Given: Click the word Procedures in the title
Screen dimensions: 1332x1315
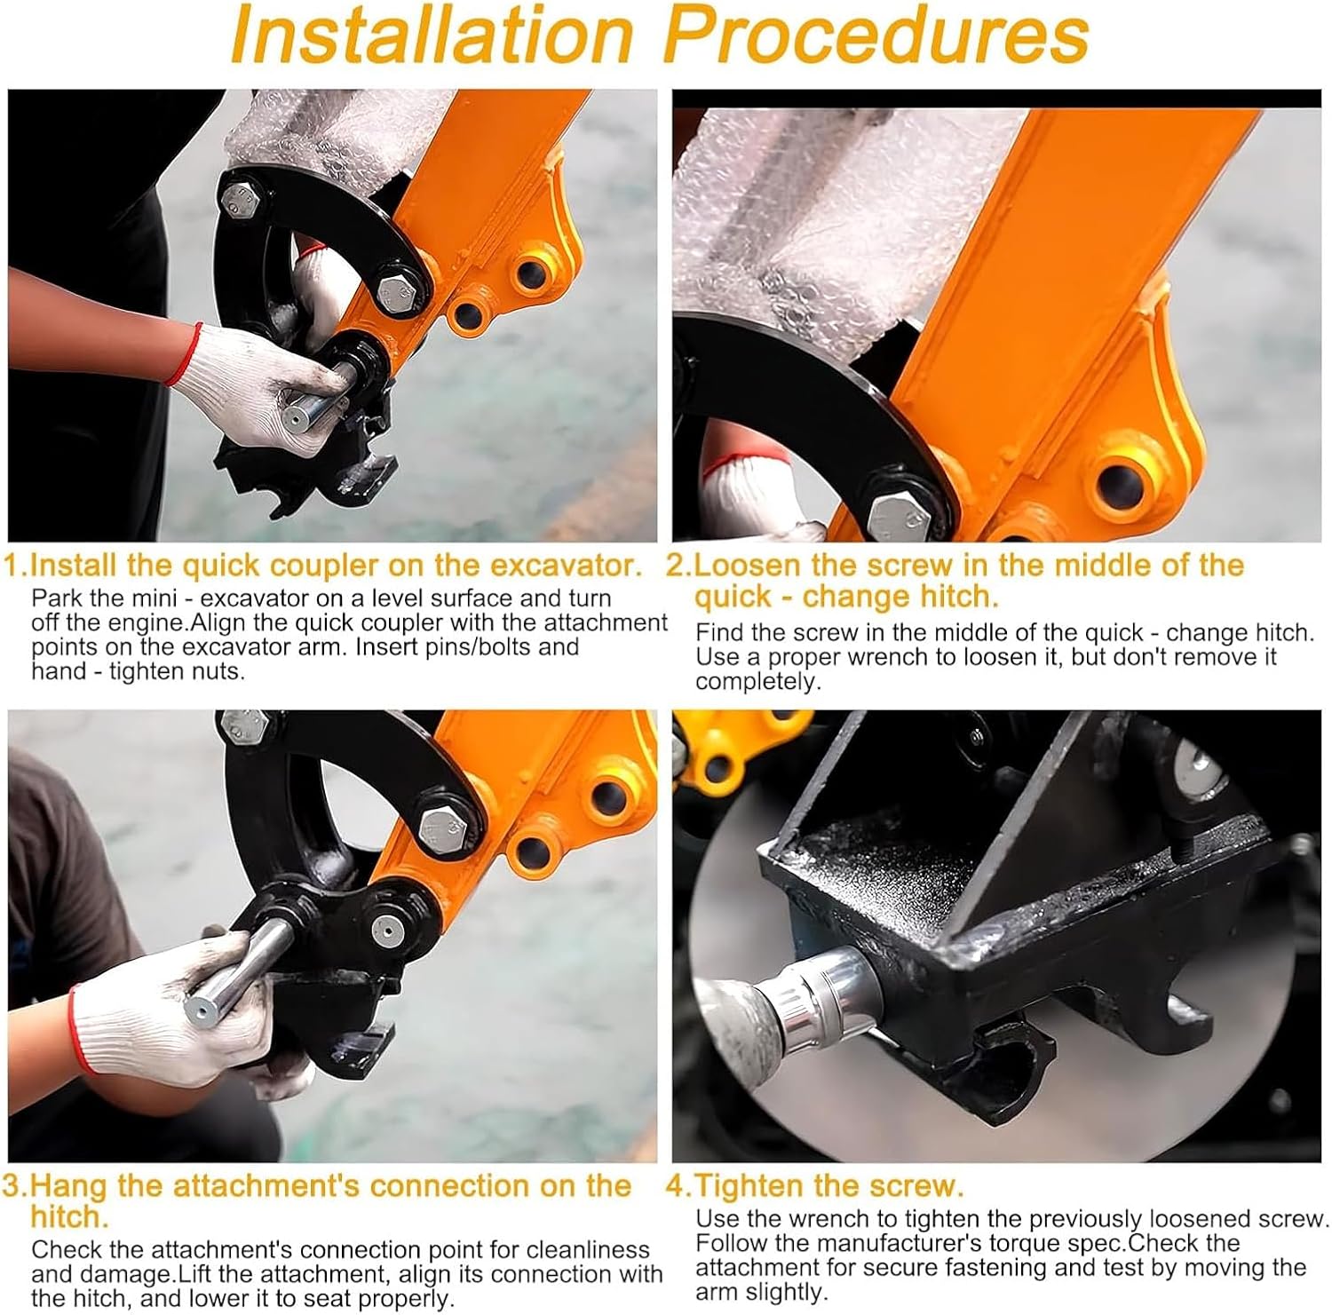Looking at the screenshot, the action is [x=876, y=36].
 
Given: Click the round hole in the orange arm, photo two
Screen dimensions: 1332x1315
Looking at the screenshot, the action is [x=1122, y=480].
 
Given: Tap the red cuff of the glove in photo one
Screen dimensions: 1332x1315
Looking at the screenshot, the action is [x=181, y=354].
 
